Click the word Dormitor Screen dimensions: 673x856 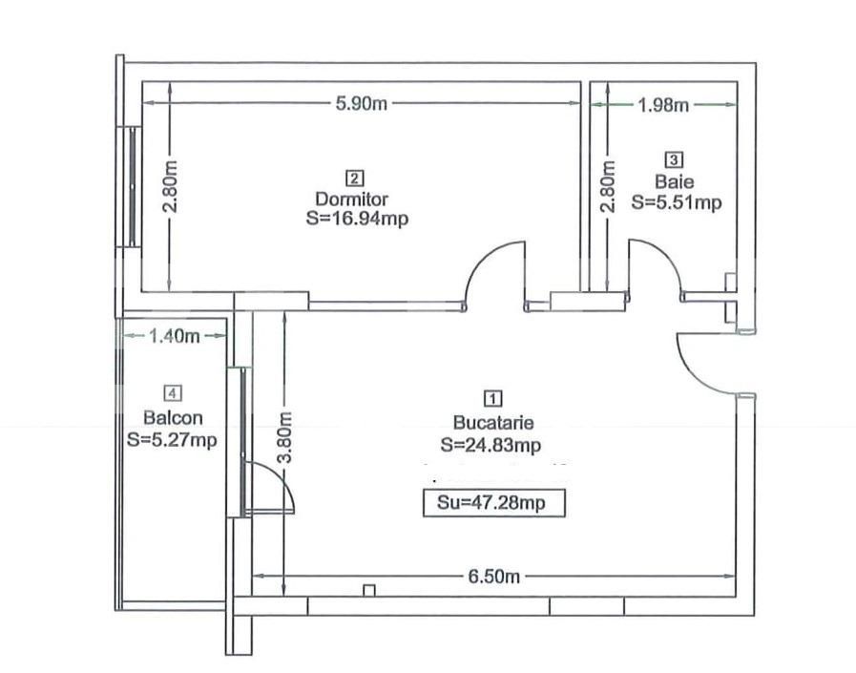point(352,200)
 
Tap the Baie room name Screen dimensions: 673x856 point(676,181)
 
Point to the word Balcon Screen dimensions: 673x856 point(172,417)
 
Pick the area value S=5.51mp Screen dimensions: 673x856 point(677,201)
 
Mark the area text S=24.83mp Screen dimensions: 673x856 point(492,444)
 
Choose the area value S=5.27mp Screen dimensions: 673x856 point(172,439)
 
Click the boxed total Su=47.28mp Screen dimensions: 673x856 point(494,503)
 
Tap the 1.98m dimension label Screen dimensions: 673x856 point(663,105)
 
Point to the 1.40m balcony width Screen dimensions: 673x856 point(173,335)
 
